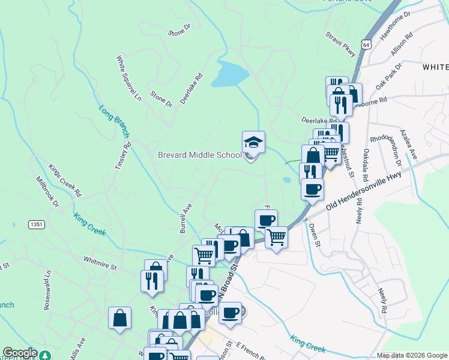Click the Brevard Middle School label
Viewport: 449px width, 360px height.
click(x=199, y=155)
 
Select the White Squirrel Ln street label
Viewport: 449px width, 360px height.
click(x=128, y=78)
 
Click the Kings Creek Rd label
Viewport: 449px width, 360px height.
click(x=65, y=180)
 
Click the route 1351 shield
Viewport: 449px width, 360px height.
click(x=36, y=224)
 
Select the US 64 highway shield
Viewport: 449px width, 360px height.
click(x=367, y=44)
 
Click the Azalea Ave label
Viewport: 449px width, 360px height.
click(x=409, y=146)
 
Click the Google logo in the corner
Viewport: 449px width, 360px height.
click(x=20, y=353)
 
